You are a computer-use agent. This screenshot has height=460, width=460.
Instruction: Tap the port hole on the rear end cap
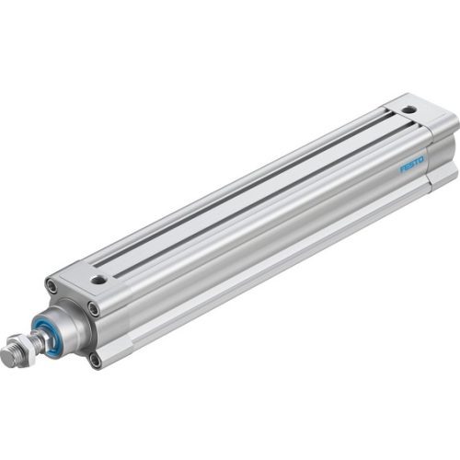coord(409,110)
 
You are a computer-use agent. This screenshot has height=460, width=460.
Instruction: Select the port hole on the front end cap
coord(98,278)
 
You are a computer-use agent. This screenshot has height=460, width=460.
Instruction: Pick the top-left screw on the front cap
coord(52,291)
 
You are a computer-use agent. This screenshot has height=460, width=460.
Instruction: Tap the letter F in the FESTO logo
coord(402,170)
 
